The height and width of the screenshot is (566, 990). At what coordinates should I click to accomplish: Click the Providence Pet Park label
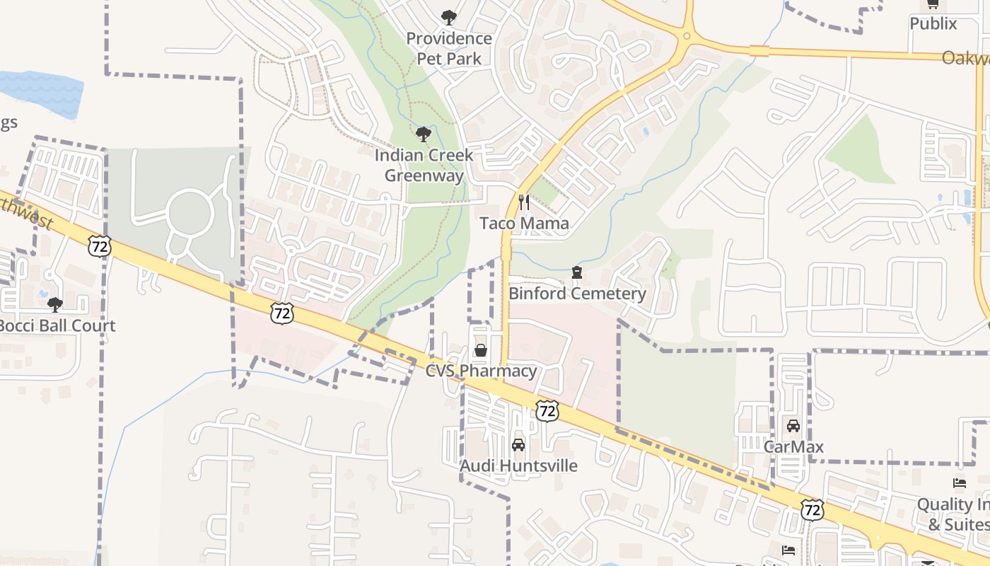pyautogui.click(x=448, y=48)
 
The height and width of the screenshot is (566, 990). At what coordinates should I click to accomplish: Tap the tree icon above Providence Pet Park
pyautogui.click(x=448, y=18)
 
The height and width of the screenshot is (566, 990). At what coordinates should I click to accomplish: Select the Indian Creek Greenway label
pyautogui.click(x=424, y=165)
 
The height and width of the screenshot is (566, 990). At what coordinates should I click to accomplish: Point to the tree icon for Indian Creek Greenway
pyautogui.click(x=424, y=134)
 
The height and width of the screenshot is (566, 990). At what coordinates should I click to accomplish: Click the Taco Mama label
pyautogui.click(x=524, y=224)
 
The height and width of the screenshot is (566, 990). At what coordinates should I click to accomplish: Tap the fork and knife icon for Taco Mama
pyautogui.click(x=524, y=202)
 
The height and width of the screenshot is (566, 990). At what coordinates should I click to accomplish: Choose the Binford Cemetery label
pyautogui.click(x=577, y=294)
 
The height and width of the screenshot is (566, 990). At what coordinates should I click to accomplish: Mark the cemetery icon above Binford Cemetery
pyautogui.click(x=577, y=272)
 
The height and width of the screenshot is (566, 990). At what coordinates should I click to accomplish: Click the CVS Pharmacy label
pyautogui.click(x=481, y=371)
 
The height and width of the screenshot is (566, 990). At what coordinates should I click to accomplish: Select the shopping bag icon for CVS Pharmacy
pyautogui.click(x=481, y=350)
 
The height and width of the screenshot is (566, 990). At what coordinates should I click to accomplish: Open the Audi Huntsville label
pyautogui.click(x=518, y=466)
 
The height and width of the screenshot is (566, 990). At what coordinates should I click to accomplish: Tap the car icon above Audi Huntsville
pyautogui.click(x=518, y=444)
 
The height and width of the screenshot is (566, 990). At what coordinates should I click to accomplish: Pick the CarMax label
pyautogui.click(x=793, y=446)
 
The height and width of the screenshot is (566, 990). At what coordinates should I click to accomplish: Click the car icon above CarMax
pyautogui.click(x=793, y=426)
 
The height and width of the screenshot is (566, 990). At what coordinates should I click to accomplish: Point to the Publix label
pyautogui.click(x=933, y=23)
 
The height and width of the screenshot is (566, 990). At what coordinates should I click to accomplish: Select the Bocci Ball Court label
pyautogui.click(x=57, y=326)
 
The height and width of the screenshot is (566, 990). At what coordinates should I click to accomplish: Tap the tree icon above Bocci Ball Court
pyautogui.click(x=55, y=304)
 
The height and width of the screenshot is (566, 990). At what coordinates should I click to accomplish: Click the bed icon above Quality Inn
pyautogui.click(x=960, y=483)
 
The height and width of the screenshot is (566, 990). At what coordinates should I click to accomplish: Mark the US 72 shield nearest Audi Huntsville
pyautogui.click(x=547, y=410)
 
